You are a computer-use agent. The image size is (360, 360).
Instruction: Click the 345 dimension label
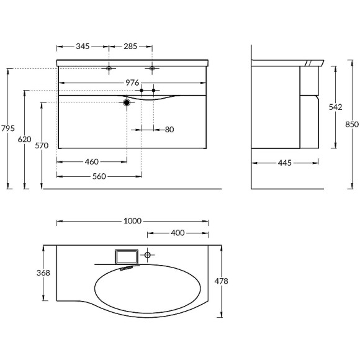[x=83, y=47]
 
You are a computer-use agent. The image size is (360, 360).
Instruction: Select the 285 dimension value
[x=130, y=47]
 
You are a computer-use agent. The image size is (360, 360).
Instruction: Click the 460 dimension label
[x=92, y=161]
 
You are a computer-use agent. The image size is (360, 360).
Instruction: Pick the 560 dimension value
[x=99, y=176]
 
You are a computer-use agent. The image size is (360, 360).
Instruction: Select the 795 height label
[x=8, y=128]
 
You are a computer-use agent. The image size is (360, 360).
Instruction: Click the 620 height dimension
[x=24, y=140]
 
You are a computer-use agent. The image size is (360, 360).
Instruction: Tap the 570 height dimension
[x=41, y=145]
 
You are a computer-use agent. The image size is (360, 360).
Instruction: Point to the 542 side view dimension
[x=335, y=107]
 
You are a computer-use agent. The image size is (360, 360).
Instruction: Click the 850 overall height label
[x=352, y=124]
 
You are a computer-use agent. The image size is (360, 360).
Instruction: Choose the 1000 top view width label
[x=133, y=221]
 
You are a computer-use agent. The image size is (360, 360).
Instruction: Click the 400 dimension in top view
[x=178, y=233]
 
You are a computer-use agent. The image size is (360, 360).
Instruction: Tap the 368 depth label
[x=42, y=272]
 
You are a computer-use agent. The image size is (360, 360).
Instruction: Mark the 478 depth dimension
[x=222, y=281]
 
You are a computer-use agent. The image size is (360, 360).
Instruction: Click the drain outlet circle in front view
[x=127, y=102]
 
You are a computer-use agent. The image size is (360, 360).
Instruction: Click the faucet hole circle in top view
[x=148, y=255]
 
